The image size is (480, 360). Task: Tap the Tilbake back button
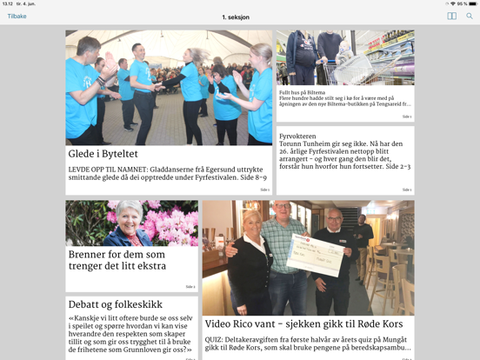(x=17, y=17)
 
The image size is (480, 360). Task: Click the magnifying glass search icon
(x=470, y=17)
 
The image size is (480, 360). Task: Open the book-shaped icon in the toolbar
(x=451, y=17)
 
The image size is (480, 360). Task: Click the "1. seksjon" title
(x=236, y=17)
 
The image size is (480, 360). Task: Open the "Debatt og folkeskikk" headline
(x=116, y=304)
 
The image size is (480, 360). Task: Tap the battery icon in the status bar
(x=471, y=3)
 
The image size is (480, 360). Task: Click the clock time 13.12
(x=7, y=3)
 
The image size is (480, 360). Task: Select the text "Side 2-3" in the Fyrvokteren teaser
(x=397, y=166)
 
